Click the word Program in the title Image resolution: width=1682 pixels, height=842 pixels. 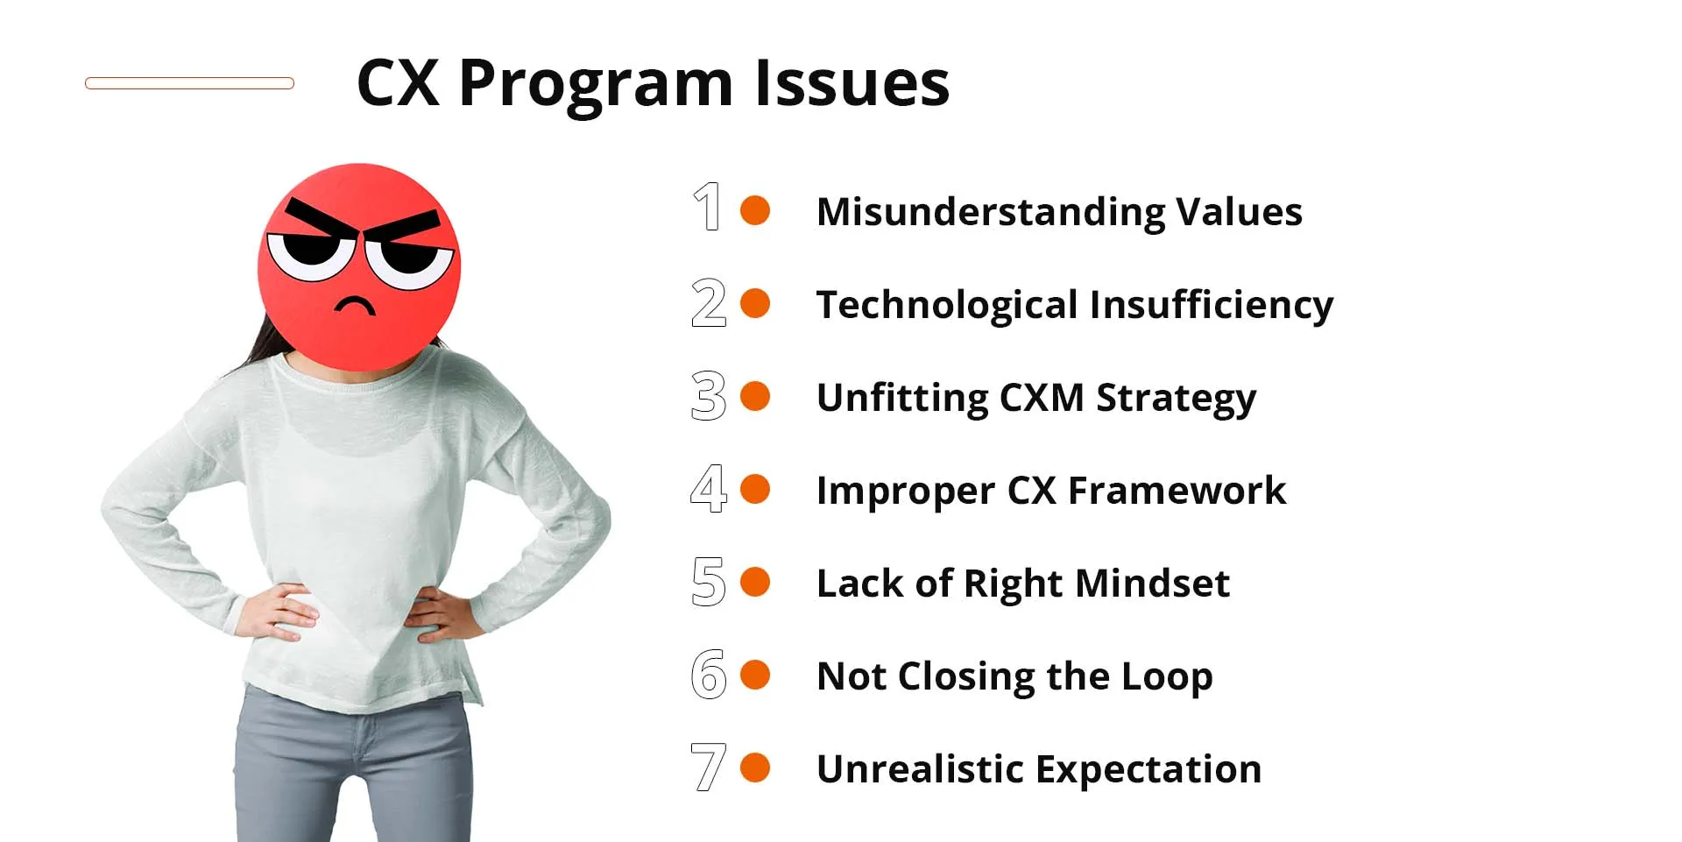coord(596,85)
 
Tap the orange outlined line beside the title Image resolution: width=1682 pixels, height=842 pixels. coord(189,83)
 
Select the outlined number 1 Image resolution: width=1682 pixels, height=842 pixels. coord(708,207)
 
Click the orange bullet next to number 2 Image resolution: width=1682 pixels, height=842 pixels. coord(755,303)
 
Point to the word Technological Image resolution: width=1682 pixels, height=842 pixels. coord(946,305)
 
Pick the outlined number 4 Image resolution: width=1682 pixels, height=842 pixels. coord(708,488)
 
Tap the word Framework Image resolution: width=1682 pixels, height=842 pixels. coord(1177,491)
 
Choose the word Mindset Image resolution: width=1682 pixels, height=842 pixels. coord(1152,584)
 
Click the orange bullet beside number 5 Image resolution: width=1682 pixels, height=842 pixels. coord(755,582)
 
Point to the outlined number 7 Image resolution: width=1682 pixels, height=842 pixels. coord(708,767)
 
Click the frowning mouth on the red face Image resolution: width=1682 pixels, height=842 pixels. coord(354,305)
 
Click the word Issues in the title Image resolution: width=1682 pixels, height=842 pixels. coord(852,85)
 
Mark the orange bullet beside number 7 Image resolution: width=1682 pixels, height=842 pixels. coord(755,768)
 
